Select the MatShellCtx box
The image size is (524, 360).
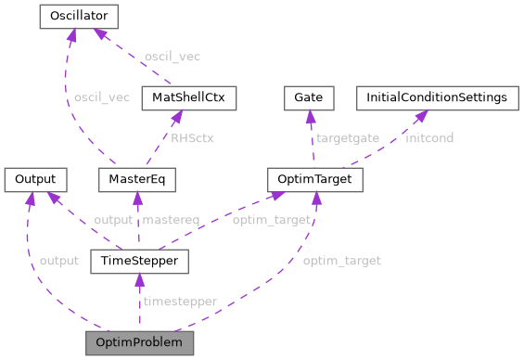coord(176,96)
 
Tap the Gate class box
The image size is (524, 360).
coord(307,96)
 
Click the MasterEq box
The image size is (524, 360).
coord(136,178)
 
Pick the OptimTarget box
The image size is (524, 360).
coord(313,178)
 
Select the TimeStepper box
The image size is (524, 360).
coord(140,261)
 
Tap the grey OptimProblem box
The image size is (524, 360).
coord(140,342)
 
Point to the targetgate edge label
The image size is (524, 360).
coord(348,137)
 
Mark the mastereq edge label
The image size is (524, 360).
coord(171,220)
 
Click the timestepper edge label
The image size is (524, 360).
coord(180,302)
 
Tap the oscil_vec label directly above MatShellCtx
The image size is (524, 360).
coord(172,57)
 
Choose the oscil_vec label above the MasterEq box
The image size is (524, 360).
coord(102,97)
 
